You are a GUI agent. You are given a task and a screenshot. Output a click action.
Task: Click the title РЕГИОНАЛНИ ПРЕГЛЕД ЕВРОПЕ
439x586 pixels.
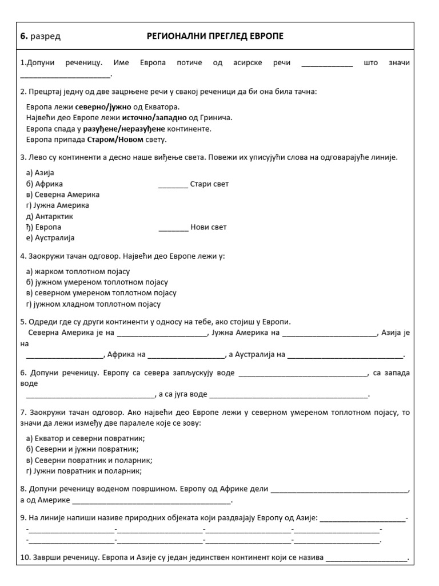click(215, 37)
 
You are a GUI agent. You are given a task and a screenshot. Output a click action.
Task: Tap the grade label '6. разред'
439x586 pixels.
click(40, 37)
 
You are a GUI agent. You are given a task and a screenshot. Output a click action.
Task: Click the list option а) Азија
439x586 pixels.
click(40, 173)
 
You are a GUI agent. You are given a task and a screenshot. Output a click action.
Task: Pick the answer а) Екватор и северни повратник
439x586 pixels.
click(86, 438)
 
